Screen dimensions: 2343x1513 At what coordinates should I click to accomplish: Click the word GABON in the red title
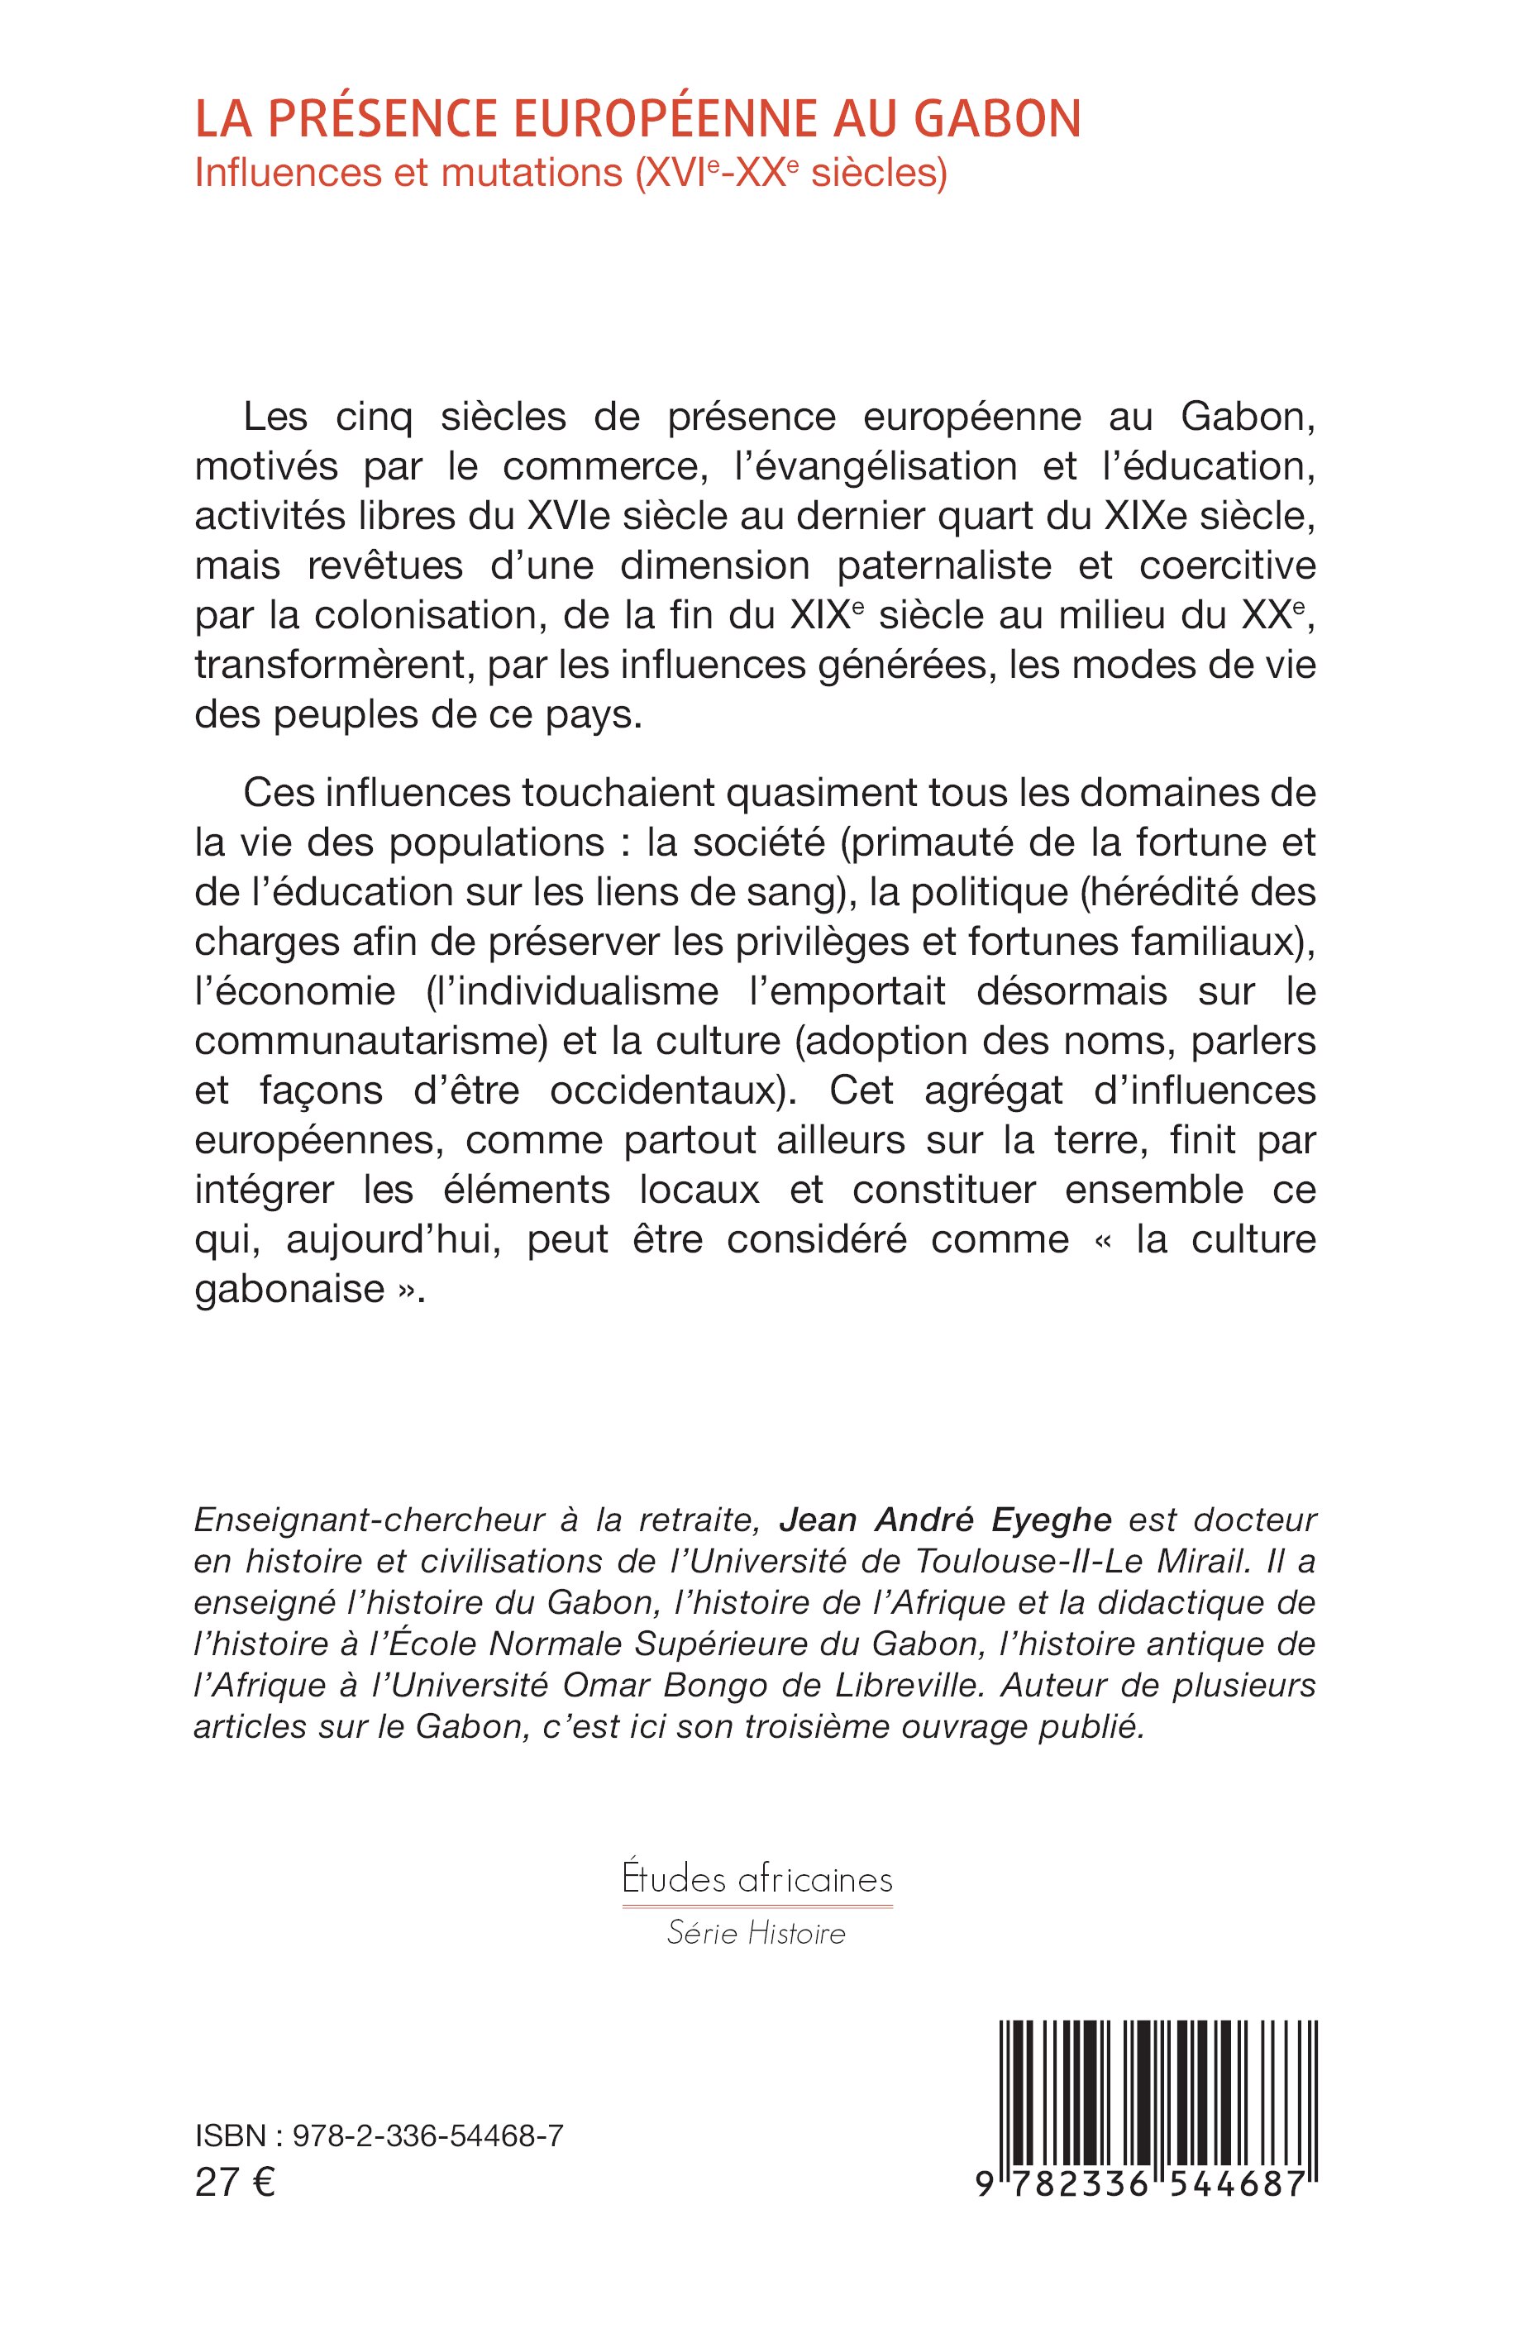[x=997, y=119]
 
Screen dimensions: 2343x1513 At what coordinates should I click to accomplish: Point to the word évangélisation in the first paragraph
[x=876, y=466]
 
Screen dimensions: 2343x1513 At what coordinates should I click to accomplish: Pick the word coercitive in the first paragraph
[x=1227, y=565]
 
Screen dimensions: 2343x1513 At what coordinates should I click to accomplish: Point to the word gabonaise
[x=290, y=1289]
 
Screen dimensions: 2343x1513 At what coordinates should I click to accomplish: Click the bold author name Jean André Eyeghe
[x=945, y=1520]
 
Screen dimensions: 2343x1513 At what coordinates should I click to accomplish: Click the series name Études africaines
[x=756, y=1879]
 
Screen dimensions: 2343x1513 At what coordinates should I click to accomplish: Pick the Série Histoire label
[x=756, y=1933]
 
